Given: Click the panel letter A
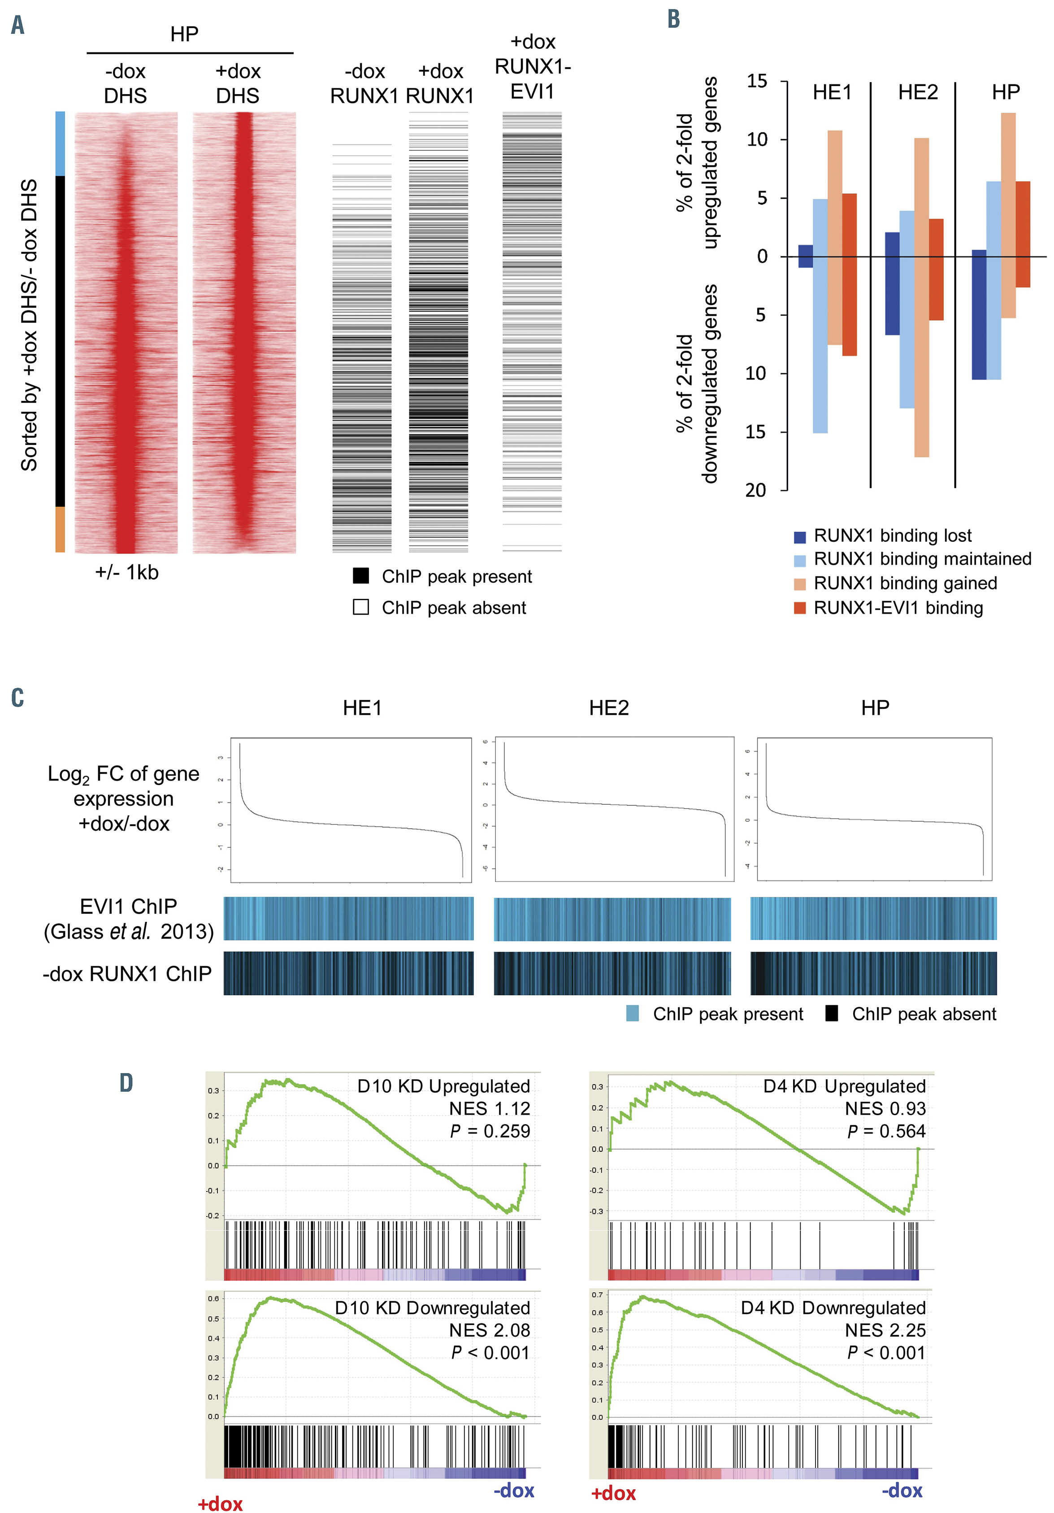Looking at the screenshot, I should click(x=18, y=26).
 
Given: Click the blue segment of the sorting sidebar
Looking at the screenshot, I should click(x=60, y=144).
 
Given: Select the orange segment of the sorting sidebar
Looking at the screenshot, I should click(x=60, y=529).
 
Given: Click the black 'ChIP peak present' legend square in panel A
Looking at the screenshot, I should click(x=360, y=576).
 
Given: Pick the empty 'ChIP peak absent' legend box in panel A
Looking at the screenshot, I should click(x=360, y=606).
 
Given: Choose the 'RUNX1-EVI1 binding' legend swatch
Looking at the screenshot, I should click(x=800, y=607).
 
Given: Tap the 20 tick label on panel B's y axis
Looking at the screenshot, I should click(x=756, y=490).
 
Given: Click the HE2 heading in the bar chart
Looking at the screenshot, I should click(x=918, y=92).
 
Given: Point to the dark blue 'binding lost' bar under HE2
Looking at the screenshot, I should click(x=892, y=283).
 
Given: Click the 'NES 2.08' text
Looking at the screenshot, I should click(x=490, y=1330).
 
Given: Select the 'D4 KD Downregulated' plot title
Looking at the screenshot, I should click(x=833, y=1308).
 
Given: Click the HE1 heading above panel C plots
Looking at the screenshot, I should click(x=362, y=708).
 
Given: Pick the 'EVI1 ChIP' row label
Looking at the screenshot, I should click(x=129, y=906).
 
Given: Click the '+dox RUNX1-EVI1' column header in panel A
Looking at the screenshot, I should click(x=532, y=66).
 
